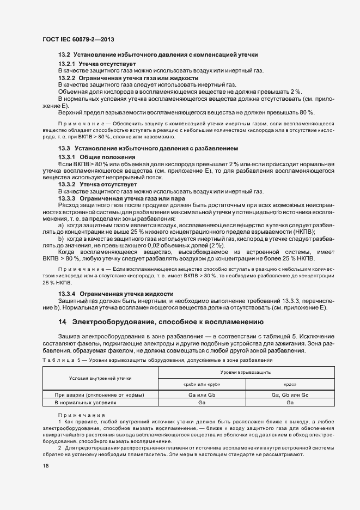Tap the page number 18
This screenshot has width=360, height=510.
click(x=45, y=466)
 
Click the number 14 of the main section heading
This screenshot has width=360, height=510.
click(x=62, y=322)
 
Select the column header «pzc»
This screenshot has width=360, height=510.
click(x=290, y=384)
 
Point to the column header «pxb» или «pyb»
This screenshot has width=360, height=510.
click(x=202, y=384)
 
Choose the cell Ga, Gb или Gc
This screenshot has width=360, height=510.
click(x=290, y=394)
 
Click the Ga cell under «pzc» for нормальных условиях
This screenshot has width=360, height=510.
click(x=290, y=402)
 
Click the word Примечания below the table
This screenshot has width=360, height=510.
click(x=74, y=415)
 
